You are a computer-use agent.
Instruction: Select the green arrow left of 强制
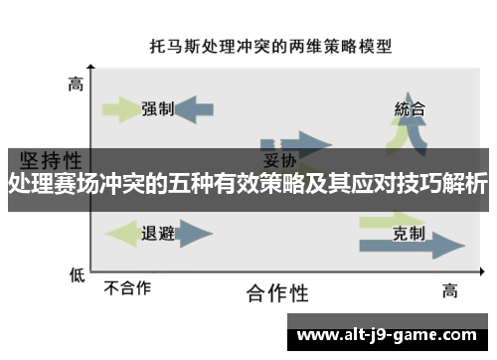pos(122,109)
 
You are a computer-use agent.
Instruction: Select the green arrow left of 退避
pos(122,235)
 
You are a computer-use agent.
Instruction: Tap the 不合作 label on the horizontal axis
pos(128,288)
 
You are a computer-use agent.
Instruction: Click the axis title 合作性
pos(277,293)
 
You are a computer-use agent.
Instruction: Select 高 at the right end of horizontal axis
pos(449,290)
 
